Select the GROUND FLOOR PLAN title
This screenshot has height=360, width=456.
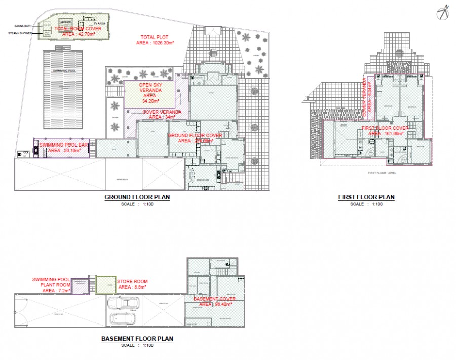pos(137,197)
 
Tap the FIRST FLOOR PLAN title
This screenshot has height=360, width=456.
pos(366,197)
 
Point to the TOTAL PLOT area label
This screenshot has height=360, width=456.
pos(155,40)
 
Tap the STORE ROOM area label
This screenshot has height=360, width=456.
pos(132,284)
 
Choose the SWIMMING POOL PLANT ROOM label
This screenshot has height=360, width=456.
pos(51,285)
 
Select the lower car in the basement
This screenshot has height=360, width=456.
pos(122,319)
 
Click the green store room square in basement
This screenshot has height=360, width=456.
pos(106,285)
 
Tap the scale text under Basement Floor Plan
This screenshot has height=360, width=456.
pos(138,345)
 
